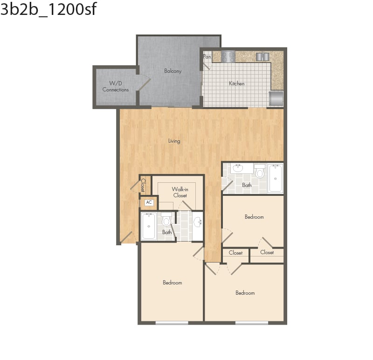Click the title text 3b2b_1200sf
48,9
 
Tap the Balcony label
173,71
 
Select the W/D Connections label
116,86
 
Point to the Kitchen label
236,84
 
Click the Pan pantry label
207,57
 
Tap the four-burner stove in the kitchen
228,56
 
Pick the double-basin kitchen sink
263,56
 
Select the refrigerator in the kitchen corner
276,98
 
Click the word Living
174,141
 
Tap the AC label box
149,202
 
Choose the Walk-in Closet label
180,192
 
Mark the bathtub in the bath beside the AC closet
149,226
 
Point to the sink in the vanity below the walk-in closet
197,222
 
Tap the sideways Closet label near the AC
143,186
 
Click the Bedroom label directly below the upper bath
254,217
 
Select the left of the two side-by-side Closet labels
235,253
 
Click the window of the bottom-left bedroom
172,322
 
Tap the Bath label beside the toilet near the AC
167,232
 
